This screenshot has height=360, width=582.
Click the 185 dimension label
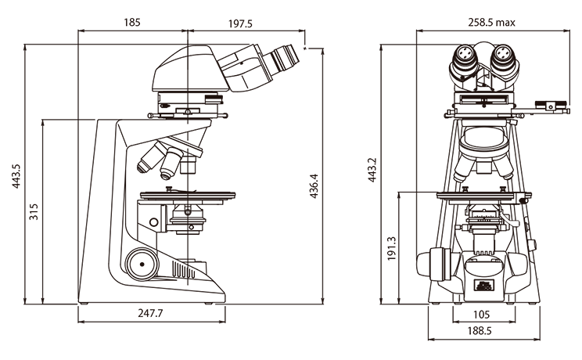[132, 23]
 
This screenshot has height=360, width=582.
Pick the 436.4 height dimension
[314, 185]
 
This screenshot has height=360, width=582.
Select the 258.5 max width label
[491, 23]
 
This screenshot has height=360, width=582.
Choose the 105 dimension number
[482, 314]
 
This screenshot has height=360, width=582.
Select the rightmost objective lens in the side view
[188, 163]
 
